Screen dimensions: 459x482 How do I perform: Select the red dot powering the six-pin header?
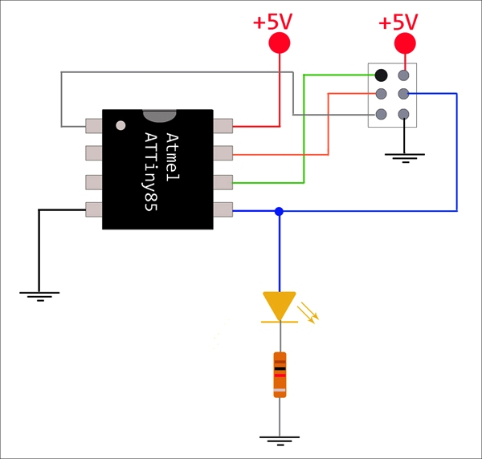click(x=406, y=43)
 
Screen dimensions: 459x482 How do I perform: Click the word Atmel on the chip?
click(x=171, y=152)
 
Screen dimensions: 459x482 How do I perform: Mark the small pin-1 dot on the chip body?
click(x=120, y=125)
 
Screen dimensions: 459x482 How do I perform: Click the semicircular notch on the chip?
click(x=159, y=116)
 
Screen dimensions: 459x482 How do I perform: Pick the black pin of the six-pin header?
click(x=381, y=75)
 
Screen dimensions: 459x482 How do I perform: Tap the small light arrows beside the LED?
click(x=308, y=311)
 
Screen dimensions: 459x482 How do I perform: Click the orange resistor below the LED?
click(x=280, y=374)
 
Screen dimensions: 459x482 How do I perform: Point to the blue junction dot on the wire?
click(x=279, y=211)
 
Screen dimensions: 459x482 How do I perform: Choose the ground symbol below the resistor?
click(x=280, y=440)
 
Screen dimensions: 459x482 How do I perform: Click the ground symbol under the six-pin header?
click(x=403, y=155)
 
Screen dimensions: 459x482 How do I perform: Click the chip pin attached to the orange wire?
click(x=223, y=152)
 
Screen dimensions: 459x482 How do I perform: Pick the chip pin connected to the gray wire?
click(x=94, y=126)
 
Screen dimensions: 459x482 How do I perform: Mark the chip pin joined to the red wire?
click(x=223, y=126)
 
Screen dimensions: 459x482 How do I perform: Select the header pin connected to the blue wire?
click(x=403, y=95)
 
